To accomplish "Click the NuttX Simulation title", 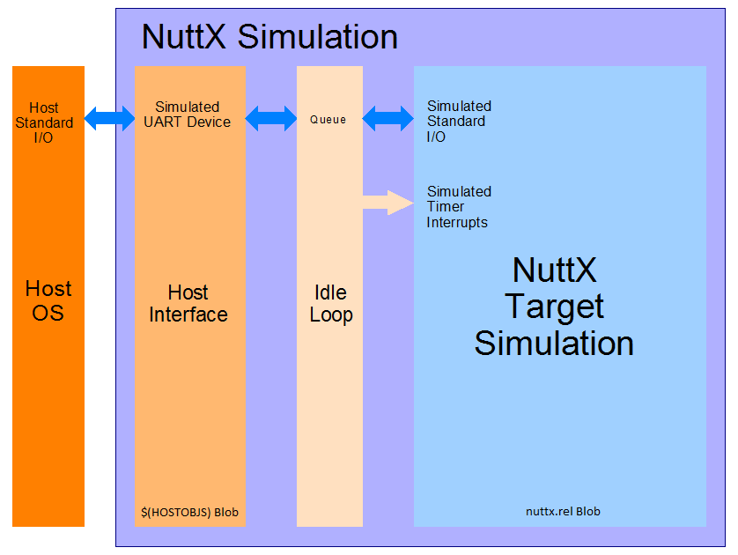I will coord(269,37).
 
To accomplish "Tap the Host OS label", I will coord(48,300).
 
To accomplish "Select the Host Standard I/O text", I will coord(44,122).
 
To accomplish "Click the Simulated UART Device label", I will coord(188,115).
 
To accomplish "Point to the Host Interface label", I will coord(188,303).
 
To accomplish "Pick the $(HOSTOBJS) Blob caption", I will coord(189,512).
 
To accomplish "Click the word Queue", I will coord(328,119).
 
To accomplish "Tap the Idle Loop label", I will coord(331,303).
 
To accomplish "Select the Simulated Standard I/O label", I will coord(459,122).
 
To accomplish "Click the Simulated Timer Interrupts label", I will coord(459,207).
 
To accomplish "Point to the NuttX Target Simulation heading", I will coord(554,306).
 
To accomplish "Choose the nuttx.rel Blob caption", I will coord(563,511).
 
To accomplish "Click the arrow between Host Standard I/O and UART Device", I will coord(109,118).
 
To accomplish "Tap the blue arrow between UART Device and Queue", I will coord(271,118).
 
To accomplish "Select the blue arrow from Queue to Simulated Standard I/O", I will coord(387,118).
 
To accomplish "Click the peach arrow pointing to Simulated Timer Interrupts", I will coord(387,203).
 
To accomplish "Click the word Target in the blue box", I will coord(554,307).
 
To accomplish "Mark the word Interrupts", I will coord(457,223).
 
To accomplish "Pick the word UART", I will coord(163,122).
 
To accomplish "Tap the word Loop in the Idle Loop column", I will coord(331,314).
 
